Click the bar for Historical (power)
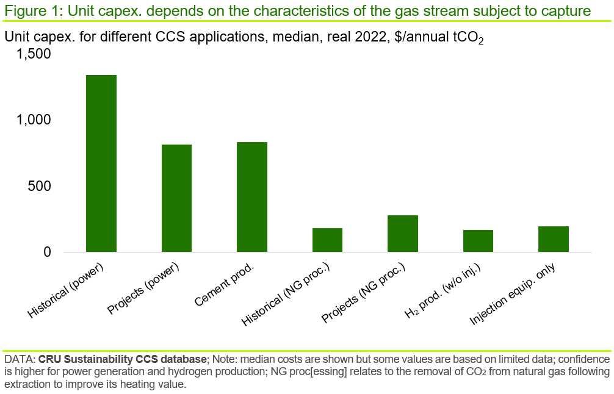pyautogui.click(x=101, y=163)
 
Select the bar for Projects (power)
pyautogui.click(x=176, y=198)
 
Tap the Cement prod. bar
pyautogui.click(x=252, y=197)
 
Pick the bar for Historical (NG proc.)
pyautogui.click(x=327, y=240)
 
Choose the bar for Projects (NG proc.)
pyautogui.click(x=403, y=234)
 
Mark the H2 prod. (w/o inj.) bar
pyautogui.click(x=478, y=241)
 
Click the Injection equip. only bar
pyautogui.click(x=554, y=239)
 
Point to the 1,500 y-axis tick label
pyautogui.click(x=34, y=54)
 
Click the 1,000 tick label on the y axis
pyautogui.click(x=34, y=120)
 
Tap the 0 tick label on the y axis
pyautogui.click(x=46, y=253)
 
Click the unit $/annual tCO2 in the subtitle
pyautogui.click(x=436, y=37)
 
